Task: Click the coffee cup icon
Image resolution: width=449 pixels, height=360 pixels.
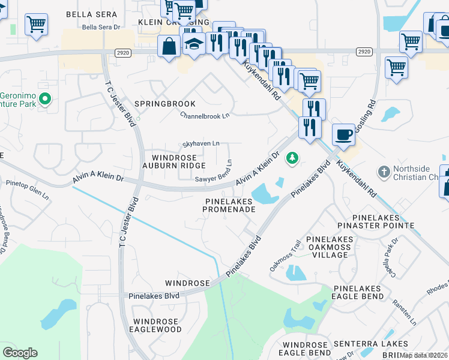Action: (x=343, y=134)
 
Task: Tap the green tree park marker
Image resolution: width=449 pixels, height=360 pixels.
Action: (x=292, y=158)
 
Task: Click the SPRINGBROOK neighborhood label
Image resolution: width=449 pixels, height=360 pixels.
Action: (x=165, y=104)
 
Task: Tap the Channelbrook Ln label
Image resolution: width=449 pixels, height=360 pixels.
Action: (x=205, y=116)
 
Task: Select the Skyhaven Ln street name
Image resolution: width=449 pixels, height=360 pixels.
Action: (x=201, y=144)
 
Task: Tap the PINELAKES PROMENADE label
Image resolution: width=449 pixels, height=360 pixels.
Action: (x=229, y=205)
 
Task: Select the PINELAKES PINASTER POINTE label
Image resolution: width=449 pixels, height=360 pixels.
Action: (x=382, y=221)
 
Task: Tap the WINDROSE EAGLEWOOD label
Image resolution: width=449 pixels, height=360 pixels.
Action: (x=157, y=325)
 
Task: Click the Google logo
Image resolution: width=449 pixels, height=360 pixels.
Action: (x=20, y=353)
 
